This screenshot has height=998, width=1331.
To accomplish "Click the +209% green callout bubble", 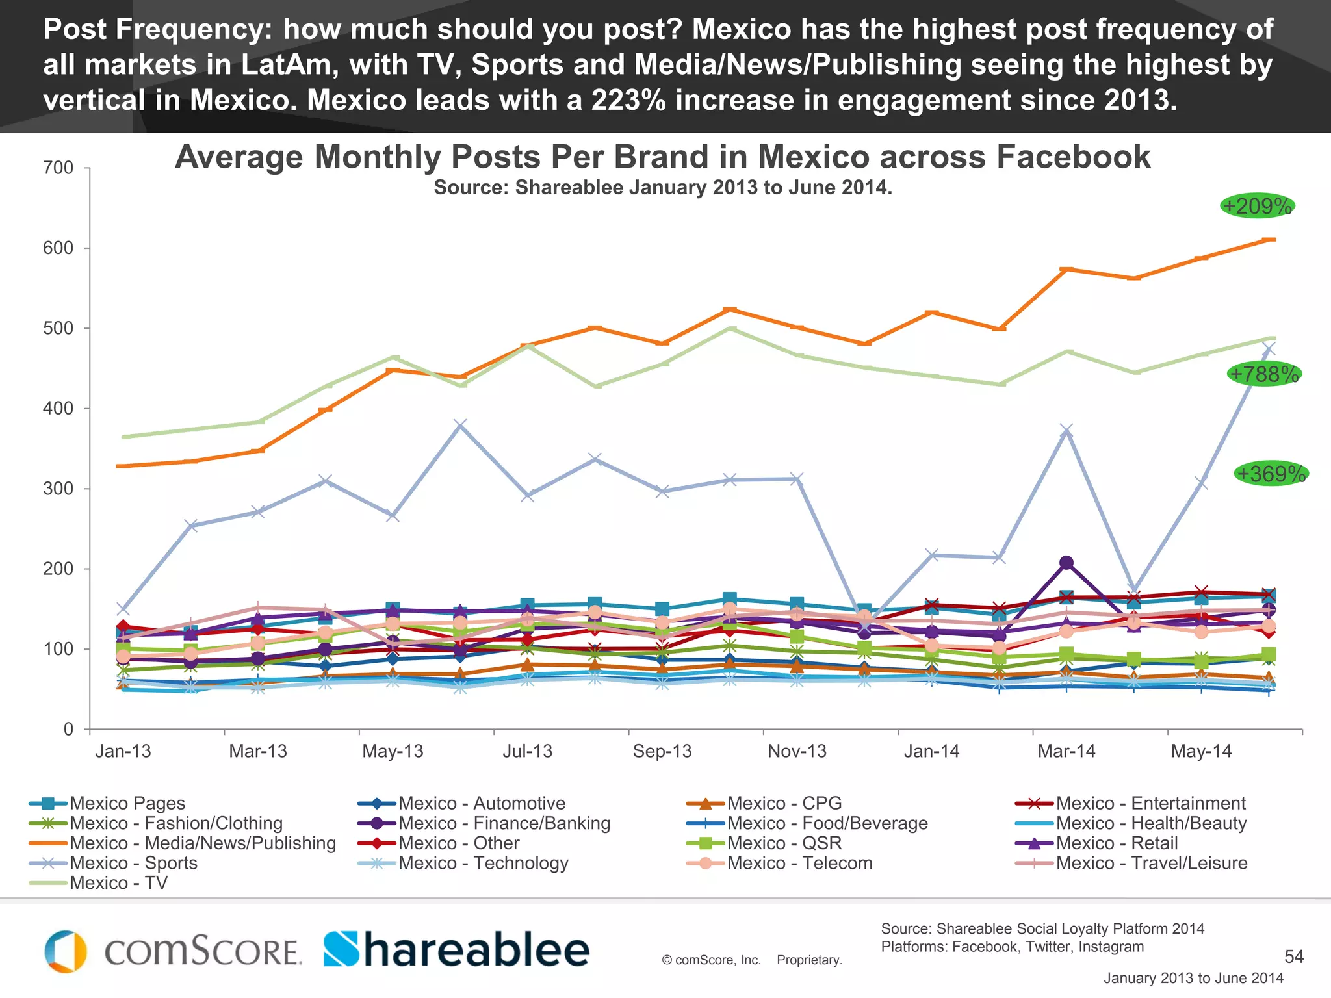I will click(x=1257, y=207).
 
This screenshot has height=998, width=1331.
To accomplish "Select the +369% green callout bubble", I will click(x=1271, y=474).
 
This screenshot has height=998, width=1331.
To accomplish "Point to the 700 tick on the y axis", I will click(x=58, y=168).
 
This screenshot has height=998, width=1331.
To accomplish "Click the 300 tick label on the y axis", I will click(x=58, y=489).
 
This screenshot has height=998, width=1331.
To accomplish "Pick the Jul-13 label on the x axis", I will click(x=527, y=751).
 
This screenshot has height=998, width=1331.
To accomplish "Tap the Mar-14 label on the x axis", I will click(x=1066, y=751).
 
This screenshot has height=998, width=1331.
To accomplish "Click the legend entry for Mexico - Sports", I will click(x=133, y=863).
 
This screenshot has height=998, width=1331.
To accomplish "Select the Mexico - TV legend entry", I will click(x=118, y=883).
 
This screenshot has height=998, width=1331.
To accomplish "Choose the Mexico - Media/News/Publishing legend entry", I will click(x=202, y=843).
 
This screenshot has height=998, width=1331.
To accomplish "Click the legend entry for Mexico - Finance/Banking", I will click(x=504, y=823).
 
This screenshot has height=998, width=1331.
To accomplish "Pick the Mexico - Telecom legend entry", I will click(x=799, y=863).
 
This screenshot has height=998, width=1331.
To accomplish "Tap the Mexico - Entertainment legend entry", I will click(x=1150, y=803).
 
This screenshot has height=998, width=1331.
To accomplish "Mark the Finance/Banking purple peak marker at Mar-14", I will click(x=1066, y=563).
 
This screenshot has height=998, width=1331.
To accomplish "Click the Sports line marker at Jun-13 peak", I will click(x=460, y=426).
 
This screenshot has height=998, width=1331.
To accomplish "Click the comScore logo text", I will click(x=203, y=952).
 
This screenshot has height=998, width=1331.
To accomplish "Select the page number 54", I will click(x=1293, y=956).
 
